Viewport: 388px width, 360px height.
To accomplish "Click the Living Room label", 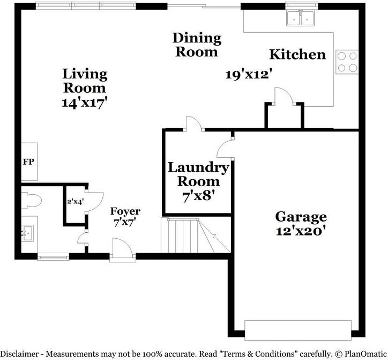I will click(x=85, y=80).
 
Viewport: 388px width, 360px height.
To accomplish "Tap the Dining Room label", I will click(x=197, y=45).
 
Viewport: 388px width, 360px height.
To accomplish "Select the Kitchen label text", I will click(x=297, y=54).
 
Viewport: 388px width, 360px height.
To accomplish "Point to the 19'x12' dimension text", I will click(x=250, y=75).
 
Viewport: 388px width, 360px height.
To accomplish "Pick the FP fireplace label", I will click(x=28, y=161).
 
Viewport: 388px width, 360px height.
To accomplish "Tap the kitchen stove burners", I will click(x=347, y=61).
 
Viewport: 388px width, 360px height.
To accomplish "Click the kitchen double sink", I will click(x=300, y=18).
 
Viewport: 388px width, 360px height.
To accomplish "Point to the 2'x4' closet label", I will click(x=75, y=202).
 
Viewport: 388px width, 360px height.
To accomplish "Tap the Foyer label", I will click(x=125, y=211).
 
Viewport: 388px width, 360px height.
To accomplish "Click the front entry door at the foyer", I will click(x=119, y=251).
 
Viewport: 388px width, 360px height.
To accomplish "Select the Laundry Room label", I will click(x=198, y=174).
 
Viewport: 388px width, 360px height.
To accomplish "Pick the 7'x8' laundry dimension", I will click(x=198, y=196).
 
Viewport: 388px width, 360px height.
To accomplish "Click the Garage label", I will click(x=301, y=217).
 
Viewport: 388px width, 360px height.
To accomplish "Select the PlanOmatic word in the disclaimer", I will click(x=361, y=354).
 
